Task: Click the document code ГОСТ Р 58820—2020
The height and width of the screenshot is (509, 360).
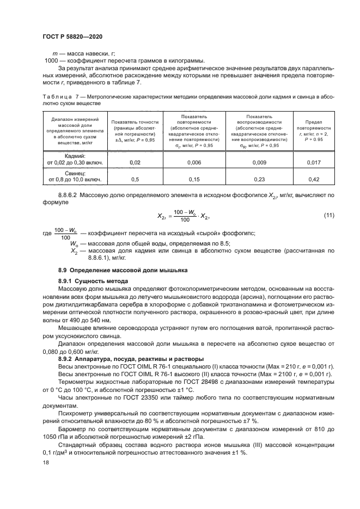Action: click(x=72, y=36)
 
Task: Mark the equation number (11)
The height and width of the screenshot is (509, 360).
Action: click(x=328, y=216)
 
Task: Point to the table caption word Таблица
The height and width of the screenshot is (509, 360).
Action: click(x=57, y=96)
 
